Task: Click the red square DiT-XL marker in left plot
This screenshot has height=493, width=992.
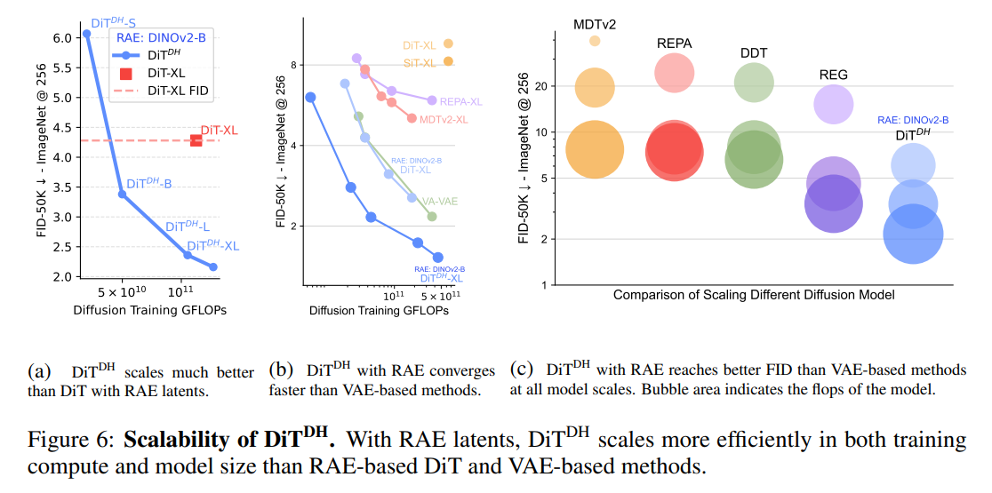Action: tap(196, 140)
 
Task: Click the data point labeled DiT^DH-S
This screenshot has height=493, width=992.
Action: tap(86, 34)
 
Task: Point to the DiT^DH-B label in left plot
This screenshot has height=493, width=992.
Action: tap(148, 184)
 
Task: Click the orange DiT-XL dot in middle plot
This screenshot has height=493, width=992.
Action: tap(449, 44)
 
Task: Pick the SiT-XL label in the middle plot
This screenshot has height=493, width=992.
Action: tap(413, 62)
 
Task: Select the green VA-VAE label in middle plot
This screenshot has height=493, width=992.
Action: tap(440, 202)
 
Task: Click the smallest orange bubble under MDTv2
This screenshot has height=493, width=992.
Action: tap(595, 41)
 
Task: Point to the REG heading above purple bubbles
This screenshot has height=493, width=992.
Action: tap(834, 76)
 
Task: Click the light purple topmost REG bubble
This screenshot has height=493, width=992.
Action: tap(834, 105)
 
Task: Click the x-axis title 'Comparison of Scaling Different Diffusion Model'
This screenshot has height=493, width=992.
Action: tap(753, 294)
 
